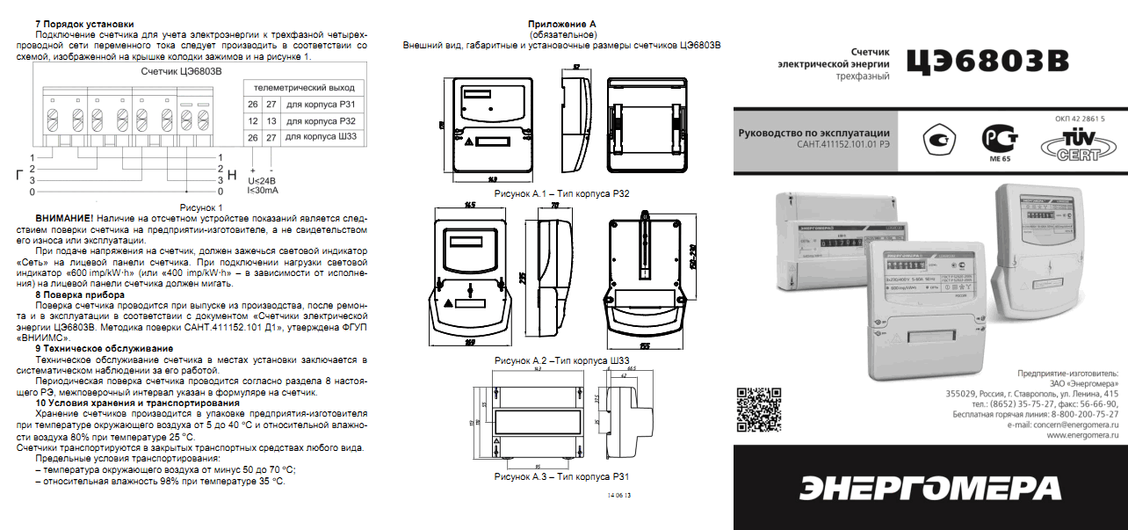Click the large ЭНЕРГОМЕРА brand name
point(932,489)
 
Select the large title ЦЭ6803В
point(988,61)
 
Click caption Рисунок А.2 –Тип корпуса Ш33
point(562,361)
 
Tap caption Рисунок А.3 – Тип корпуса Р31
point(562,476)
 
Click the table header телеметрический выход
point(304,88)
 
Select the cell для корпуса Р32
point(321,121)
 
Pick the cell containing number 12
point(253,121)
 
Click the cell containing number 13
point(271,121)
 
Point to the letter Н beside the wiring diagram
point(232,174)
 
